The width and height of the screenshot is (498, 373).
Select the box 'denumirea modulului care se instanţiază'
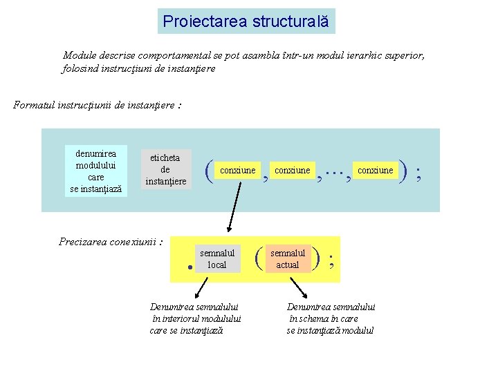click(96, 171)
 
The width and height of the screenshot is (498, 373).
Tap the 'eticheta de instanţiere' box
click(165, 170)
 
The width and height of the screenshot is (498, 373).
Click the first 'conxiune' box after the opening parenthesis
click(237, 171)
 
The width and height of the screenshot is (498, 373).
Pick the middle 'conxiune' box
click(292, 171)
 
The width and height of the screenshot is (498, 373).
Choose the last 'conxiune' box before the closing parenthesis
click(375, 171)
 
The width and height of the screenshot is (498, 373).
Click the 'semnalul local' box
click(216, 259)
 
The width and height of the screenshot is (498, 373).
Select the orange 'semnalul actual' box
click(287, 259)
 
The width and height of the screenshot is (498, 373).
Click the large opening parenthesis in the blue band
click(209, 171)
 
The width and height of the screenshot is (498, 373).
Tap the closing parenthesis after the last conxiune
click(403, 171)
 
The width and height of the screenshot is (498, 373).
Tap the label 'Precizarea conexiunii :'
click(111, 242)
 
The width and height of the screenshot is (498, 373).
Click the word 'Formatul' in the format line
click(33, 105)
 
